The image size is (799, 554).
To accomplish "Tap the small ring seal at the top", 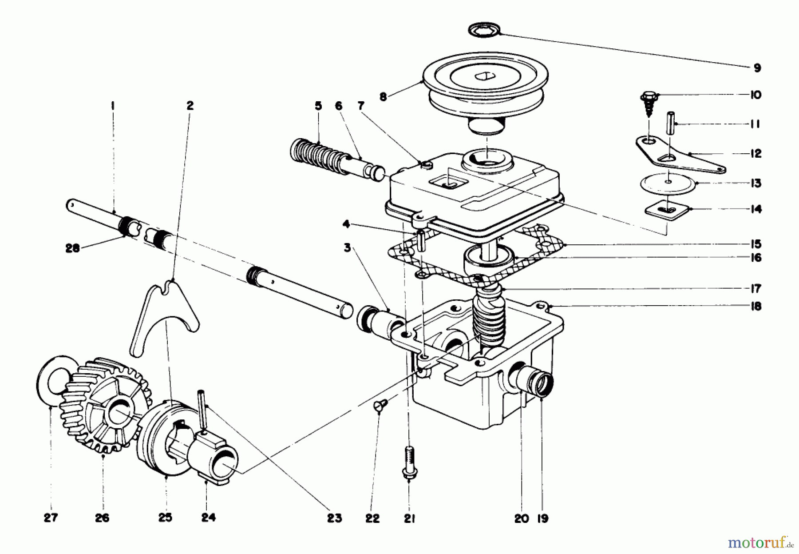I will tap(484, 31).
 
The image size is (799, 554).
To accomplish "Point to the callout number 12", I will tap(755, 153).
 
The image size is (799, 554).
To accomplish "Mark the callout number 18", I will tap(756, 306).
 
